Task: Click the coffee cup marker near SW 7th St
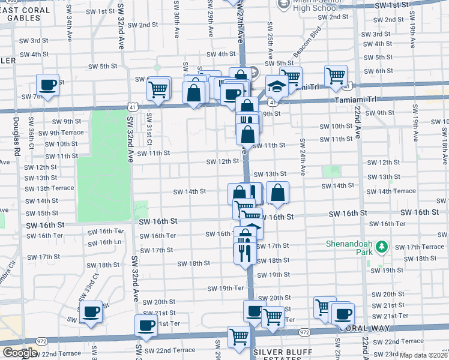coord(48,85)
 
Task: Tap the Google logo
coord(20,352)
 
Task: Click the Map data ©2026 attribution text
coord(424,355)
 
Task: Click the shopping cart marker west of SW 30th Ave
coord(158,89)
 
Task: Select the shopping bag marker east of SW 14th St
coord(277,193)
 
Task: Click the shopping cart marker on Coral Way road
coord(239,337)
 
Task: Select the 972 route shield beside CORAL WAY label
coord(305,331)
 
